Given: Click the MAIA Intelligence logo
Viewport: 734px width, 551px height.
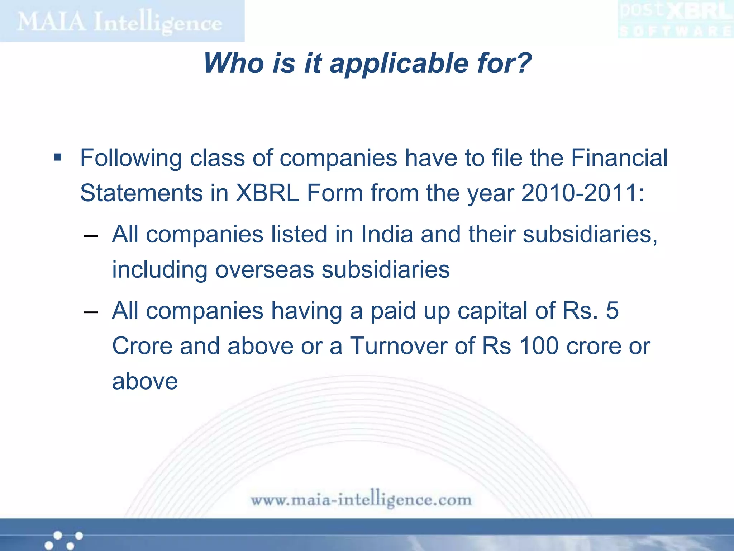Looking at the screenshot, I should click(x=120, y=22).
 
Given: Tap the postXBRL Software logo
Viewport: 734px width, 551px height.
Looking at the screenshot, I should click(x=676, y=20).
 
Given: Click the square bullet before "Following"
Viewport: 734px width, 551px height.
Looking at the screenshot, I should click(x=58, y=157).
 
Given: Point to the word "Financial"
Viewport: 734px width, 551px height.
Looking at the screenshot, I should click(x=619, y=158).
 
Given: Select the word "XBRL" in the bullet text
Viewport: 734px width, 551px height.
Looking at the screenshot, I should click(x=267, y=193).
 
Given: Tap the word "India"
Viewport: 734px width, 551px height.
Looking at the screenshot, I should click(x=387, y=234).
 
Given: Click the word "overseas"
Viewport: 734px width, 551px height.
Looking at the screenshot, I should click(x=264, y=270).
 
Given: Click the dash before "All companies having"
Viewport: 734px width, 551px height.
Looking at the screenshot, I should click(x=91, y=312).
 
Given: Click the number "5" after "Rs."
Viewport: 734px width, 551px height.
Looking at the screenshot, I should click(x=612, y=311).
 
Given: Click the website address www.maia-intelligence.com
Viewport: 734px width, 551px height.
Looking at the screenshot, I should click(x=361, y=499).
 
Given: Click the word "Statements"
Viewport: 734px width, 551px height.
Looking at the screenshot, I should click(x=142, y=193).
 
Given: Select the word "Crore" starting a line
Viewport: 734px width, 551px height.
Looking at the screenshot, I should click(x=142, y=346).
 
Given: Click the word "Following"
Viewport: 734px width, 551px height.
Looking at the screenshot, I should click(x=131, y=158).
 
